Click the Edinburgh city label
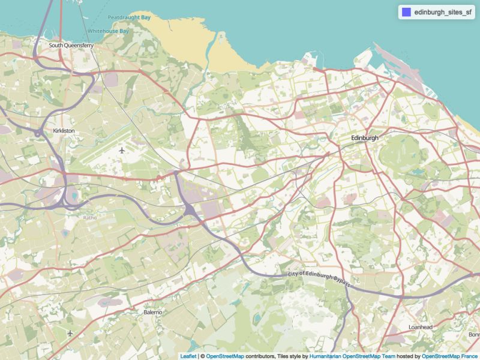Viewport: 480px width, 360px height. [x=365, y=138]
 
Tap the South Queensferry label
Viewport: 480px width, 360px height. [x=71, y=45]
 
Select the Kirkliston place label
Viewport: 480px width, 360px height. [x=64, y=130]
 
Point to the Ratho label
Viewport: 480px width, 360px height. [x=90, y=218]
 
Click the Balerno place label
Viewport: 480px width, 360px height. [x=152, y=313]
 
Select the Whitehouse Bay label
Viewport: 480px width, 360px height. [x=108, y=31]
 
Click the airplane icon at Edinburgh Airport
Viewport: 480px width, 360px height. [x=122, y=150]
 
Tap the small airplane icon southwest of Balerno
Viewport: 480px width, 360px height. [x=70, y=332]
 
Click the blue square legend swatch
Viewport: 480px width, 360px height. [x=406, y=12]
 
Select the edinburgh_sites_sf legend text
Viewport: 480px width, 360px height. [x=443, y=12]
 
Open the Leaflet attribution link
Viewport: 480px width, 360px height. [x=188, y=356]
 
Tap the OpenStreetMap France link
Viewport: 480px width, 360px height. [x=450, y=356]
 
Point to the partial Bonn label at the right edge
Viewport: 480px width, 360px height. [x=473, y=335]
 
